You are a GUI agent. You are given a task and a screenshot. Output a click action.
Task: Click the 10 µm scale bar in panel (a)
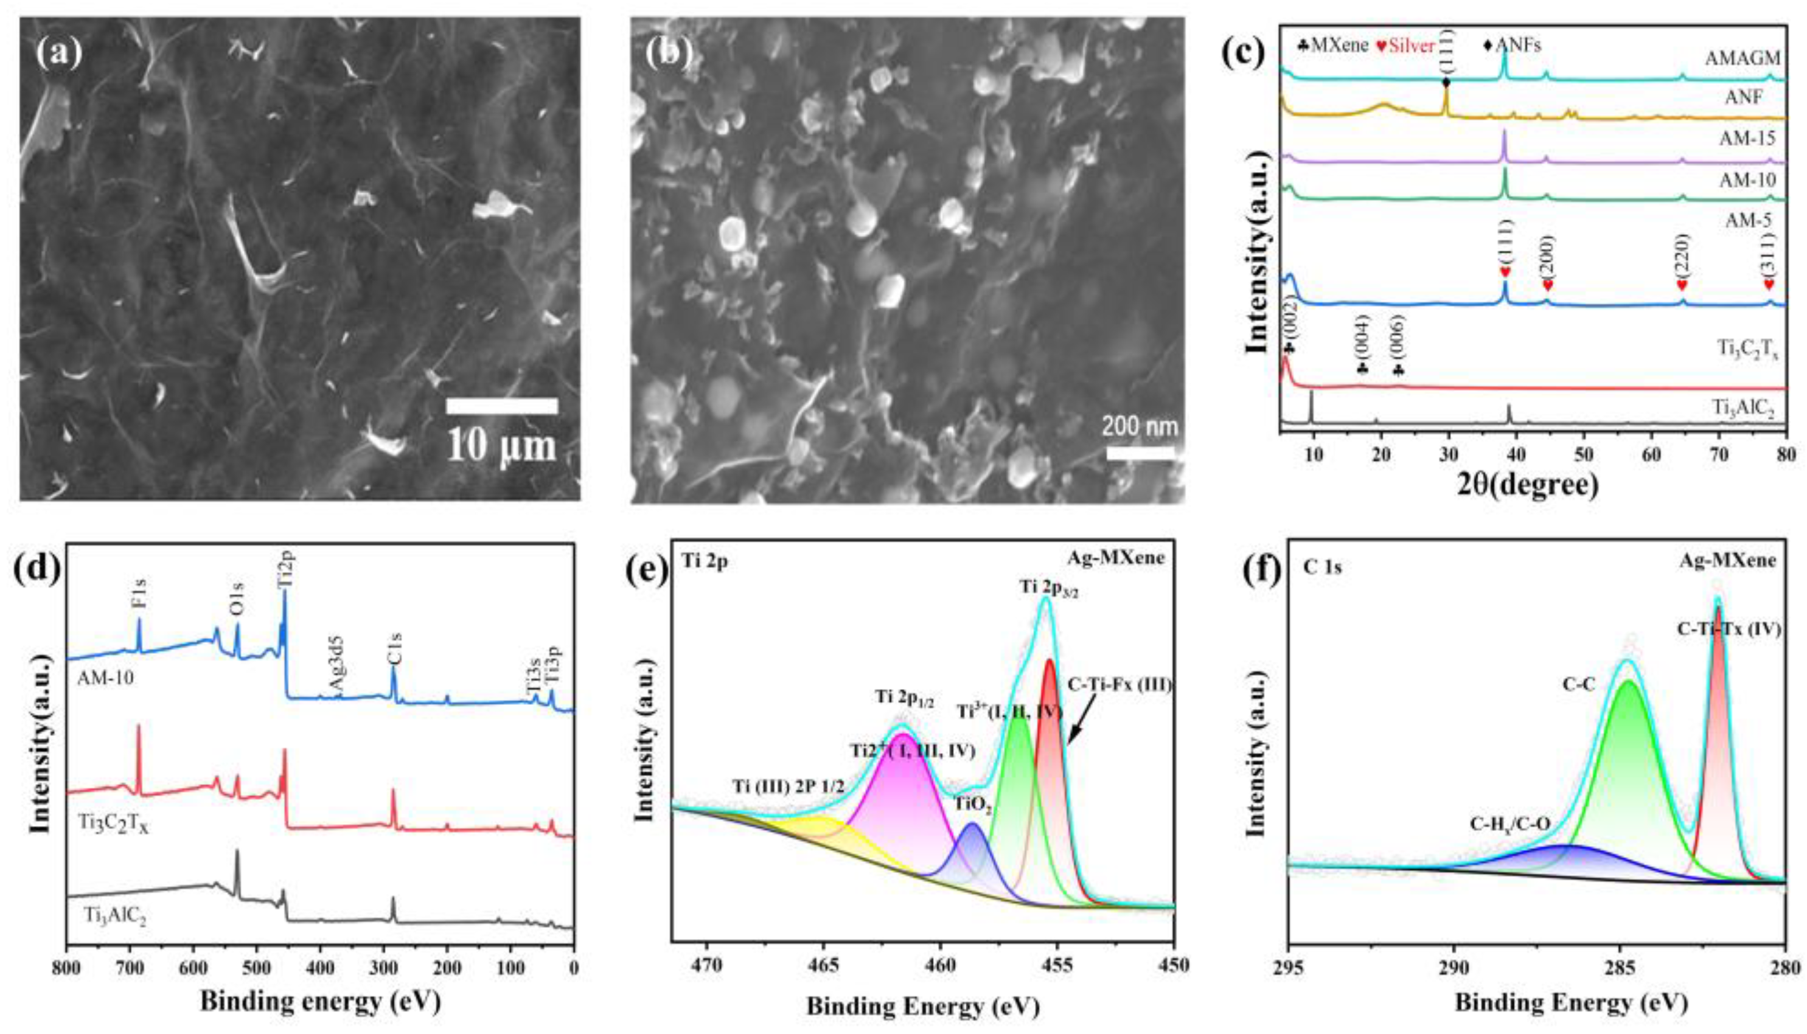click(501, 406)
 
